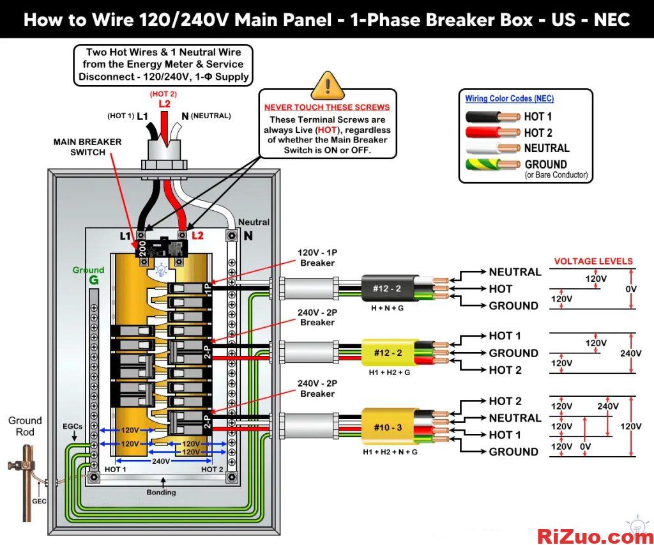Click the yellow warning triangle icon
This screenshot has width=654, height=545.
pos(328,85)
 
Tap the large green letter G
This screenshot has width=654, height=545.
pos(94,280)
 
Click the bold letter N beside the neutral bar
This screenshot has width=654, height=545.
pos(248,236)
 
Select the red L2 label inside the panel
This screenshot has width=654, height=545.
pos(198,235)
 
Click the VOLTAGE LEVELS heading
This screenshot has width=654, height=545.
pos(593,261)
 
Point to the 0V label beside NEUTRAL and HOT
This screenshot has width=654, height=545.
pos(631,289)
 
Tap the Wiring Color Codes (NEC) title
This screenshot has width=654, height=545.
pos(509,98)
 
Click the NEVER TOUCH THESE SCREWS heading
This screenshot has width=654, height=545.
pos(327,107)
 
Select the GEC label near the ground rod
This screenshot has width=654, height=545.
pos(39,501)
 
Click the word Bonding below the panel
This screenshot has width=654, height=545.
pos(161,493)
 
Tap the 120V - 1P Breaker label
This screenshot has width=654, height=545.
pos(317,257)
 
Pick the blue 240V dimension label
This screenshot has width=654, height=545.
pos(160,461)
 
